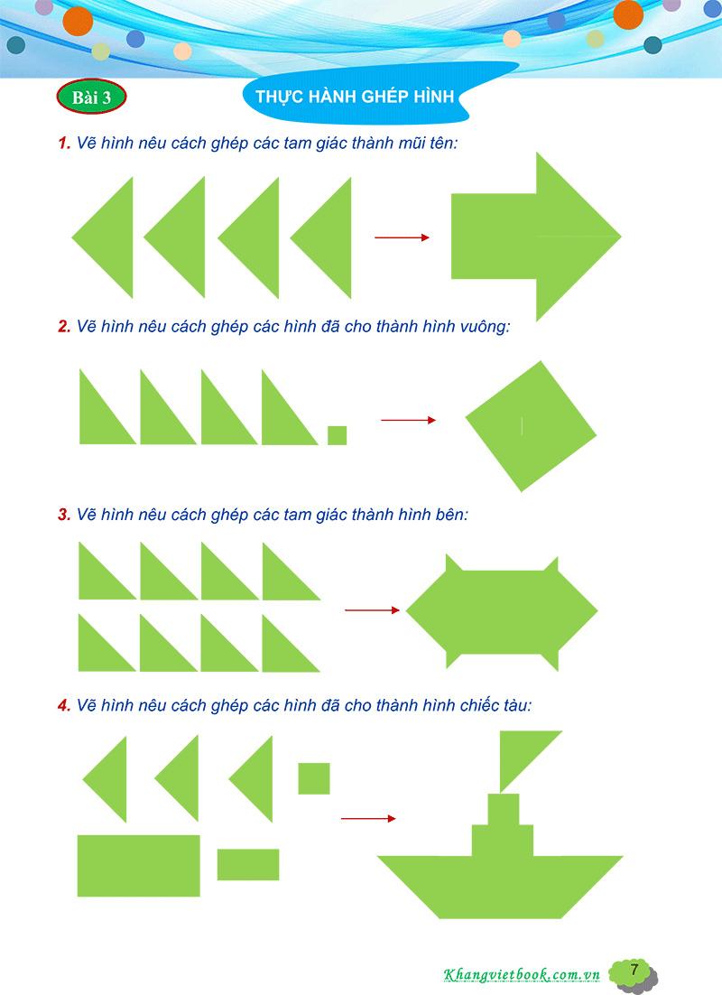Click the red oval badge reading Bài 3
click(x=91, y=98)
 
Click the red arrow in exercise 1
click(x=403, y=237)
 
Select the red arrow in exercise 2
click(x=409, y=420)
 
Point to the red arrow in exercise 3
click(x=373, y=609)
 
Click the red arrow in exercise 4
click(x=368, y=819)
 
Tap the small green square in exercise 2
click(x=338, y=435)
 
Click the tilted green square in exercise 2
click(x=531, y=426)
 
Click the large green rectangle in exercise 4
click(x=139, y=866)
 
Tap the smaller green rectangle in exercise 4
click(x=248, y=864)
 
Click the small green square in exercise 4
click(x=314, y=778)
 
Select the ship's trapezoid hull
click(x=501, y=887)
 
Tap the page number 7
click(x=634, y=970)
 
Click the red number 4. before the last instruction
click(x=64, y=706)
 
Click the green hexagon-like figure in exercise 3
click(x=502, y=613)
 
